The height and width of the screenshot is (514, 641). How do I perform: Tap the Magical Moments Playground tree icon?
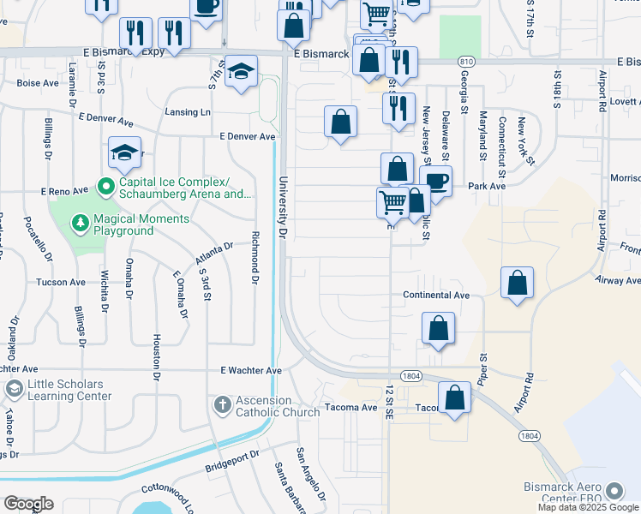(81, 224)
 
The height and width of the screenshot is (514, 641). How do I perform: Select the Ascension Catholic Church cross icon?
(221, 403)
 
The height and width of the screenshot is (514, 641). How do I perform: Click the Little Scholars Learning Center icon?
(14, 390)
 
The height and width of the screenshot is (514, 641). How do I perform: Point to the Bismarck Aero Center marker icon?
(614, 491)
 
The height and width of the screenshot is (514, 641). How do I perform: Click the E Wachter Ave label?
(250, 371)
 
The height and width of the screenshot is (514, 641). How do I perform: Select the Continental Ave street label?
(437, 295)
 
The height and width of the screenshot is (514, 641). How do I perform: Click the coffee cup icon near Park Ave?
(437, 182)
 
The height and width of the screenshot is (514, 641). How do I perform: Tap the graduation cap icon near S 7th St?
(242, 71)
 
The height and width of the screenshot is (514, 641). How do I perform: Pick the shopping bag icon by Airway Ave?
(518, 284)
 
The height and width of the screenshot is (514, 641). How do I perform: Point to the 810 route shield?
(465, 62)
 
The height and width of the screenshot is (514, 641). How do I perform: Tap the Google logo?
(28, 504)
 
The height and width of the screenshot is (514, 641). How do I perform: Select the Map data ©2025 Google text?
(587, 507)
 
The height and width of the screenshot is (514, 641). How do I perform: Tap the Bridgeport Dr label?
(231, 467)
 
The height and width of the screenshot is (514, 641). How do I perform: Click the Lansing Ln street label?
(188, 112)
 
